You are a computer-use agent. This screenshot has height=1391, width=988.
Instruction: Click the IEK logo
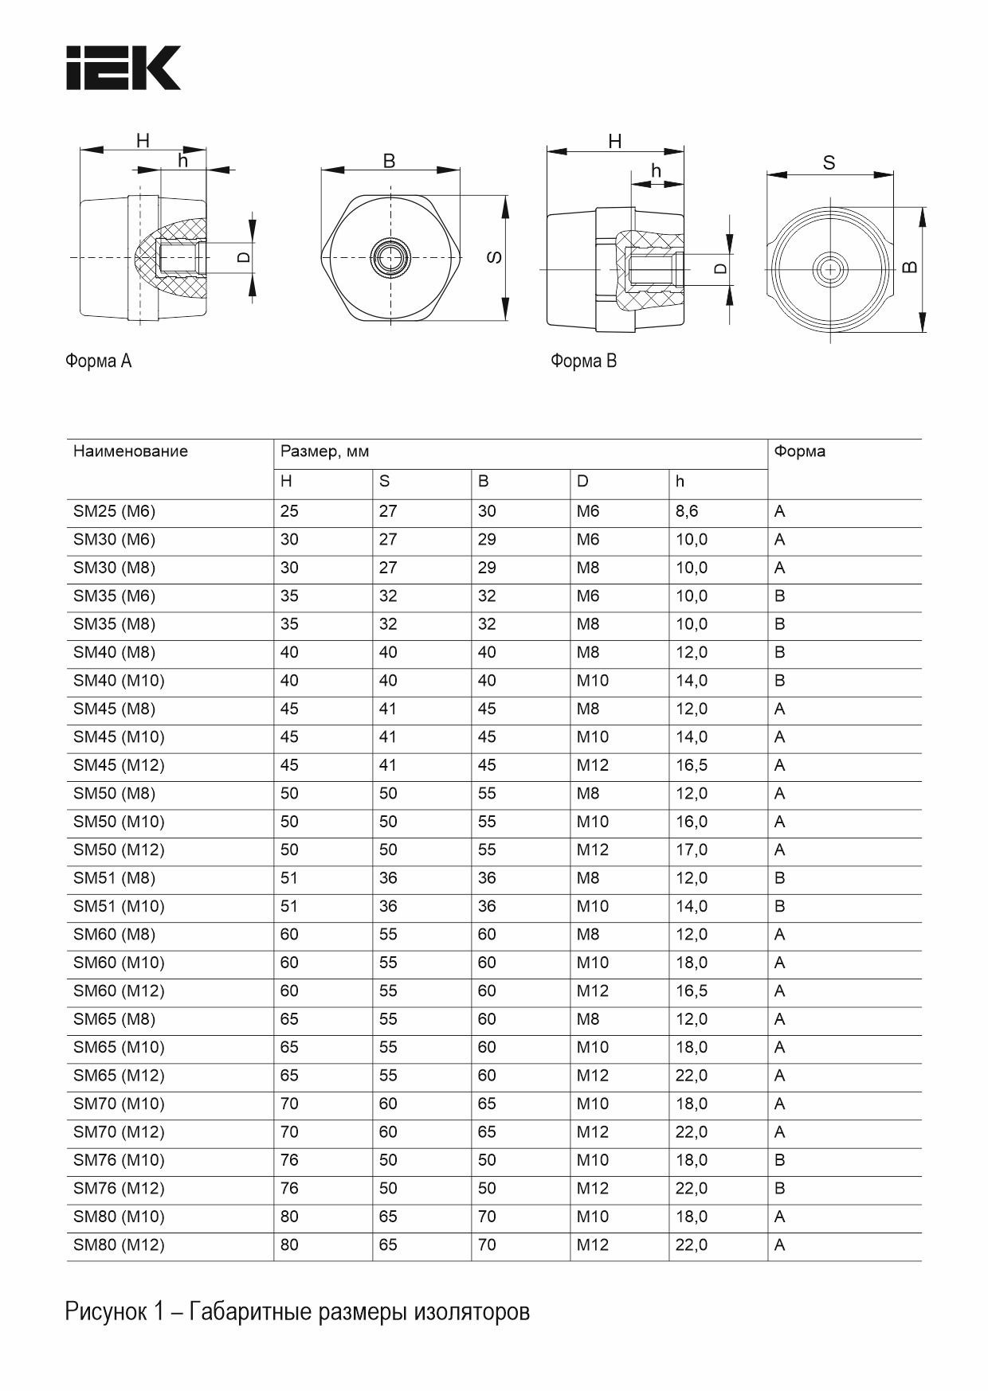click(123, 68)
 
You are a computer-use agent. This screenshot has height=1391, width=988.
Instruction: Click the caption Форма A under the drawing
click(98, 361)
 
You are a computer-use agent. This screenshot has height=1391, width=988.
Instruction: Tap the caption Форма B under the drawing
click(583, 361)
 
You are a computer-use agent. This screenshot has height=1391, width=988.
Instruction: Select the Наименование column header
click(131, 451)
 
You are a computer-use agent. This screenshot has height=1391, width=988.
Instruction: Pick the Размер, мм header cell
click(324, 451)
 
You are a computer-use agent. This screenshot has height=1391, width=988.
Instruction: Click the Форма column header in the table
click(800, 451)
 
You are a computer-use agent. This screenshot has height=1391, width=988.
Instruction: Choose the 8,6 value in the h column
click(687, 511)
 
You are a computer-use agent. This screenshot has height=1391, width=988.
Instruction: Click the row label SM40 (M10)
click(119, 681)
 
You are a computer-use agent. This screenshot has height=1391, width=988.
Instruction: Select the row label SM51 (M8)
click(114, 878)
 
